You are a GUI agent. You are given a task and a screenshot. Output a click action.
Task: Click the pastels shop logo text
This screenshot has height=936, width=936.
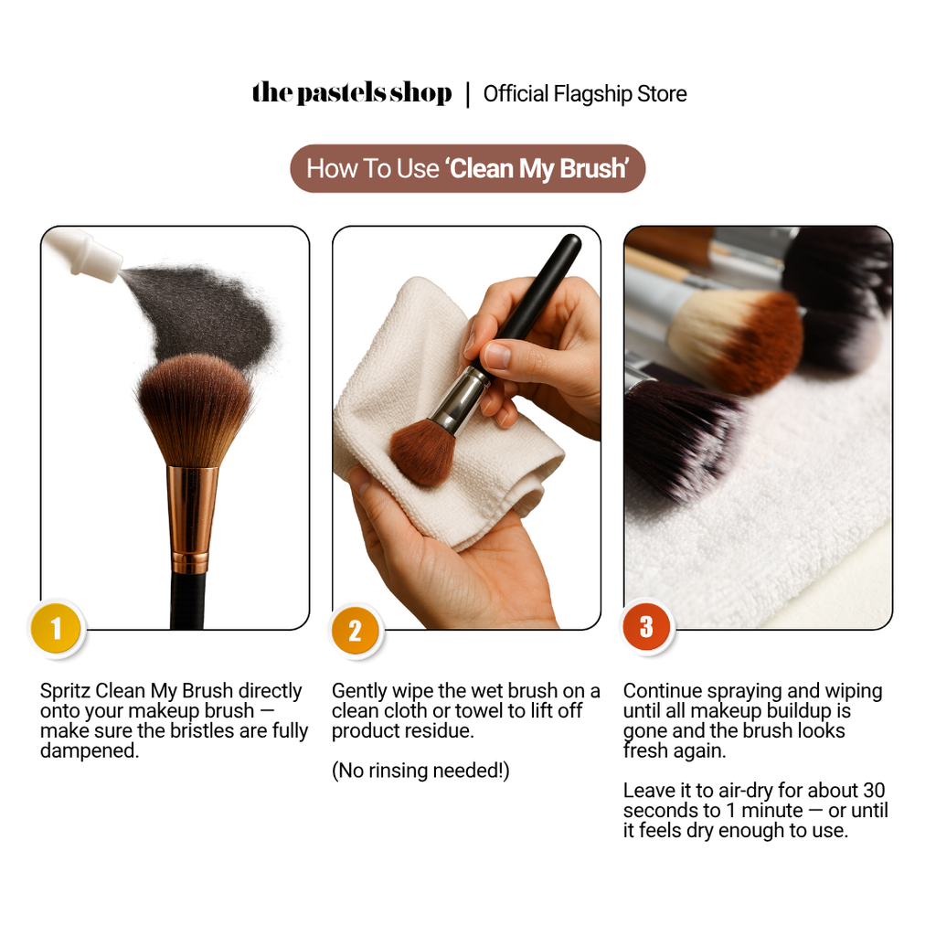tap(352, 93)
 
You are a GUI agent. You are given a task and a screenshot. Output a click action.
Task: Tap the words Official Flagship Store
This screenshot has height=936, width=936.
tap(585, 94)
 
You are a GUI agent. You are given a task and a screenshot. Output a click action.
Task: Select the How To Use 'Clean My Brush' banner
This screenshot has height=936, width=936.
tap(467, 168)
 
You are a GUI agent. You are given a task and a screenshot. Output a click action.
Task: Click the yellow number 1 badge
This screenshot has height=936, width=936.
tap(56, 628)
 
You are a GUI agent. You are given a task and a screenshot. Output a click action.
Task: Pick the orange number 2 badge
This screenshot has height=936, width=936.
tap(355, 631)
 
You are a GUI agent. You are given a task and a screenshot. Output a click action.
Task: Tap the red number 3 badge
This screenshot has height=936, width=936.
tap(646, 627)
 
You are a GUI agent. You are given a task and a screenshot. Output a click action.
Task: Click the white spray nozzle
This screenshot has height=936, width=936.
tap(83, 254)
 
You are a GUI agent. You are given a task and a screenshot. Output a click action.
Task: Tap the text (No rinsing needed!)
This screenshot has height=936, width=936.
tap(420, 771)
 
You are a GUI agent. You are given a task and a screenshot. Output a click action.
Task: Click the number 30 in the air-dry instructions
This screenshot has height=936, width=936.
tap(873, 791)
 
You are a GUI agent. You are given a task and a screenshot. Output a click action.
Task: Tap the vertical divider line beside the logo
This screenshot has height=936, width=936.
tap(468, 95)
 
